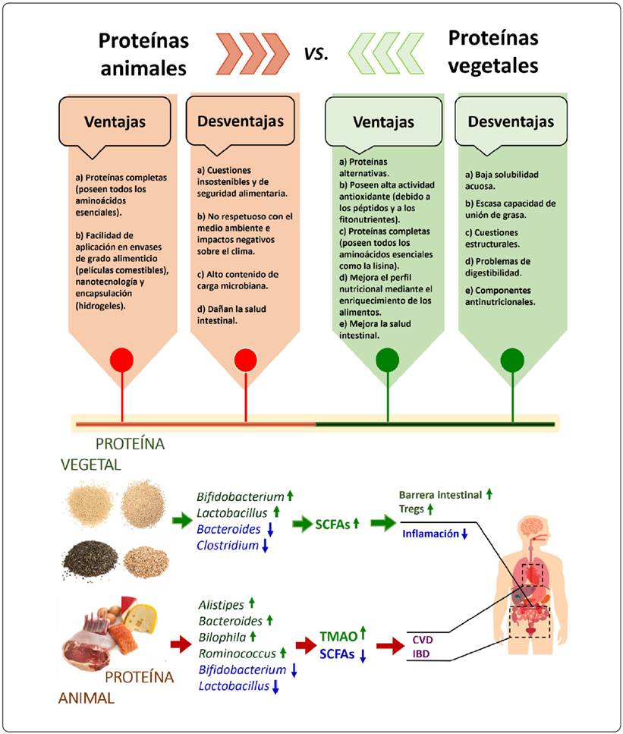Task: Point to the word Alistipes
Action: [221, 604]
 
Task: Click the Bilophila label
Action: [222, 636]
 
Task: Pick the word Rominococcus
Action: [236, 653]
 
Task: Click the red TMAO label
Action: [336, 636]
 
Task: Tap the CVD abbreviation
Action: [421, 639]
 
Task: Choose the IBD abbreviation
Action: [421, 654]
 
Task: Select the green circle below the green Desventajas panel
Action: [513, 358]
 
